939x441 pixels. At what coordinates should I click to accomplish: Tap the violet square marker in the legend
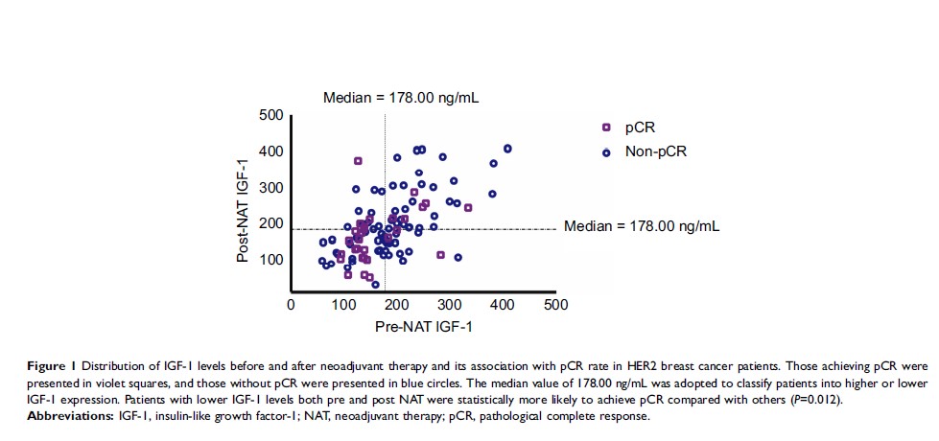[605, 128]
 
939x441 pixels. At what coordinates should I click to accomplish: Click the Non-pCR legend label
[656, 151]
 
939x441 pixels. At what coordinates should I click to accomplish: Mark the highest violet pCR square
[359, 161]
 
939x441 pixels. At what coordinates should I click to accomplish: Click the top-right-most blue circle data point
[507, 149]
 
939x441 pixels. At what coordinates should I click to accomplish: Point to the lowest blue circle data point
[375, 285]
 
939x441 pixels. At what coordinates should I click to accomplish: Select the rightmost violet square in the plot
[468, 207]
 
